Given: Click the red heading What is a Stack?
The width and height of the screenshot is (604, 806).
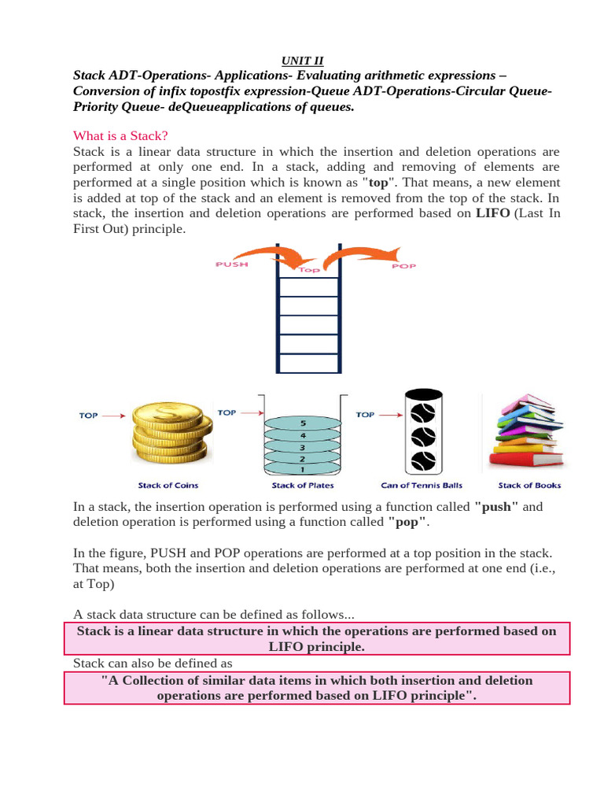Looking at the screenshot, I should pyautogui.click(x=120, y=135).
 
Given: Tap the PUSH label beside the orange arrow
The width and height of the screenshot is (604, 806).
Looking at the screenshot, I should pyautogui.click(x=231, y=265).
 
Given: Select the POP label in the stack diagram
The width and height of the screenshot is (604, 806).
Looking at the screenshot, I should pyautogui.click(x=403, y=267).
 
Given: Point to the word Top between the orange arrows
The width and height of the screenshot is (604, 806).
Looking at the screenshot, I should pyautogui.click(x=308, y=269).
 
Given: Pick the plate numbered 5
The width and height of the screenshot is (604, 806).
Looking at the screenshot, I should pyautogui.click(x=304, y=423).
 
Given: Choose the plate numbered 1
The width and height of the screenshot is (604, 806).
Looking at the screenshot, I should pyautogui.click(x=304, y=468).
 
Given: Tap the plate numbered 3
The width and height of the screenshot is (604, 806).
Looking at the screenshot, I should pyautogui.click(x=304, y=446).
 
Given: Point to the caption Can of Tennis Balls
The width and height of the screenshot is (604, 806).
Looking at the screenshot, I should pyautogui.click(x=422, y=486).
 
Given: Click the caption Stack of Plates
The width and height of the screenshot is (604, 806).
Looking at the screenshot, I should pyautogui.click(x=303, y=486).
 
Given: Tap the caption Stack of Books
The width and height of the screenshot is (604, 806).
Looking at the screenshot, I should pyautogui.click(x=529, y=486).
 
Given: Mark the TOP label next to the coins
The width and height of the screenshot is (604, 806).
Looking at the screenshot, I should pyautogui.click(x=88, y=416).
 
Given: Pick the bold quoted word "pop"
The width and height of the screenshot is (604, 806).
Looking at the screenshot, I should pyautogui.click(x=407, y=522).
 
